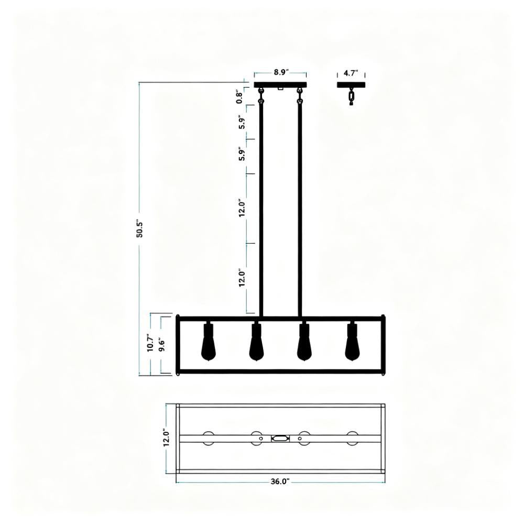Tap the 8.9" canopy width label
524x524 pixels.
280,73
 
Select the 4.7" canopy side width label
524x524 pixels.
351,73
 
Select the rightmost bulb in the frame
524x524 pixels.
352,344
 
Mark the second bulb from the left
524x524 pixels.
256,344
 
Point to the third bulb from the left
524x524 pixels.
304,344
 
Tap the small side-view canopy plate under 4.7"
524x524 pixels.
351,84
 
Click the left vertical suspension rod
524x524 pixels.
260,210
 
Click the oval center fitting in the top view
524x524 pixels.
280,439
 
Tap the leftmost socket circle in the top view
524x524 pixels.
209,439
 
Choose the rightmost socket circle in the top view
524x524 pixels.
352,439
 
